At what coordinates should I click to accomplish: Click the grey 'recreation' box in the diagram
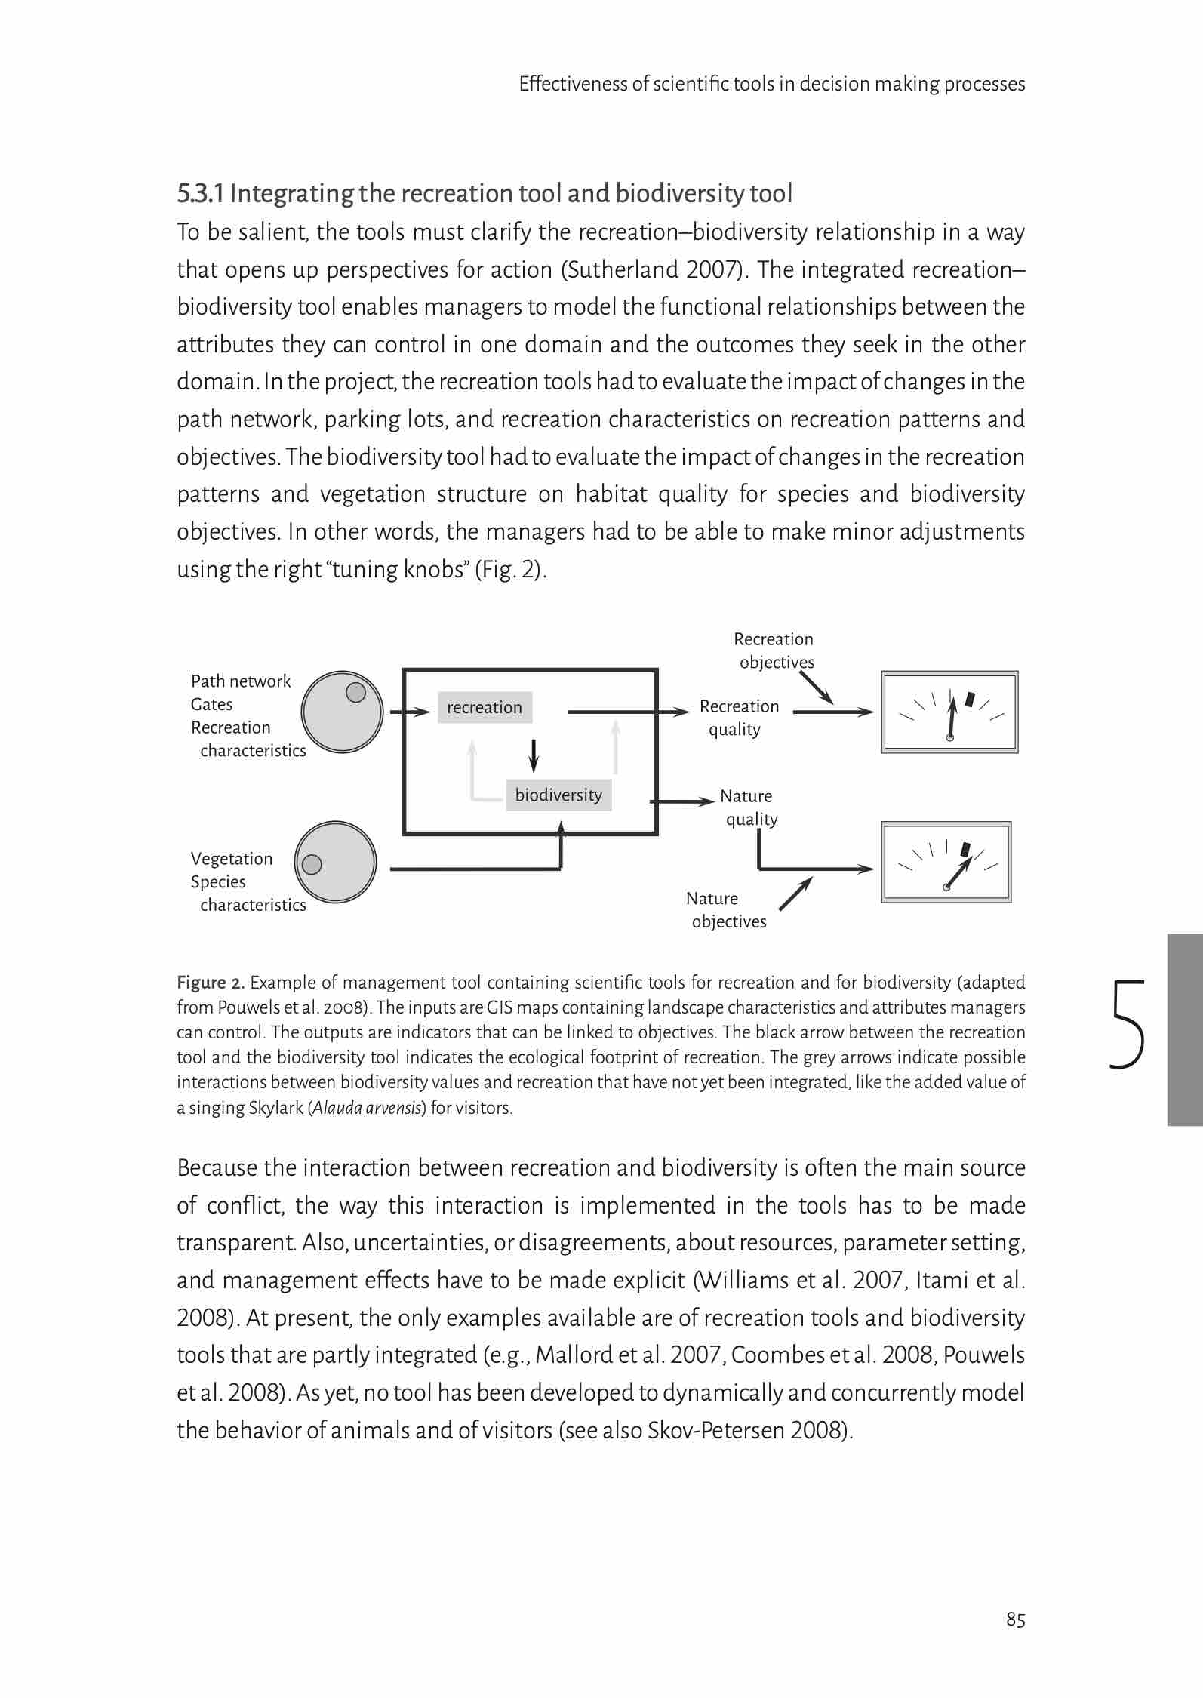[x=485, y=707]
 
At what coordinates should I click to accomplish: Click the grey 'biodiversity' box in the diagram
[x=558, y=795]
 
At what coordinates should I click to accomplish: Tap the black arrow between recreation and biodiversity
[x=534, y=755]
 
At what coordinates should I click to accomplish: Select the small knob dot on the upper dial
[x=355, y=692]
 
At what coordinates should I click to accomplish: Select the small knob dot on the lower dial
[x=312, y=865]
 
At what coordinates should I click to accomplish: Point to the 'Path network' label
[x=241, y=681]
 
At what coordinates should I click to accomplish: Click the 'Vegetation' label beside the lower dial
[x=232, y=859]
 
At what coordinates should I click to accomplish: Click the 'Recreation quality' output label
[x=738, y=718]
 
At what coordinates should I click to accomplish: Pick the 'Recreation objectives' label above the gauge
[x=774, y=651]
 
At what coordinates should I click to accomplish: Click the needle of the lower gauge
[x=956, y=875]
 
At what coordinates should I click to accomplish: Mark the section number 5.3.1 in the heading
[x=200, y=194]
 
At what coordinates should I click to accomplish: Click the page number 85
[x=1015, y=1620]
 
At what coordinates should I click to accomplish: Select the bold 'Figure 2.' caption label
[x=211, y=983]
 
